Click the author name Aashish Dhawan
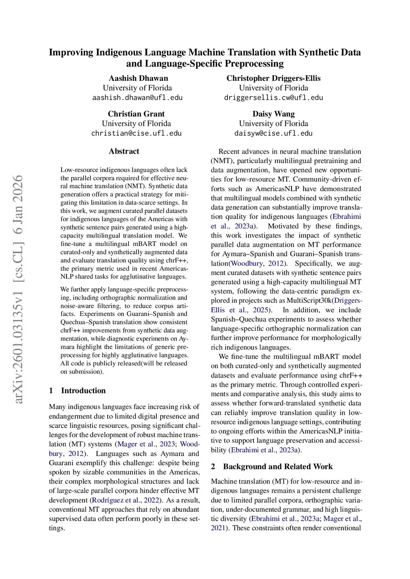pyautogui.click(x=138, y=78)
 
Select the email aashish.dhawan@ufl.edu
pyautogui.click(x=137, y=98)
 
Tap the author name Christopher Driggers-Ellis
pyautogui.click(x=273, y=78)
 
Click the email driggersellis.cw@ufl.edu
pyautogui.click(x=273, y=98)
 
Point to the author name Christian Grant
pyautogui.click(x=136, y=114)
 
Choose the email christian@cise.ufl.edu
pyautogui.click(x=136, y=133)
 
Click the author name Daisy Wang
pyautogui.click(x=273, y=114)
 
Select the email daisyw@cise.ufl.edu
pyautogui.click(x=273, y=133)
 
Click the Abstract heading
pyautogui.click(x=124, y=151)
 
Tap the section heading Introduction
pyautogui.click(x=83, y=391)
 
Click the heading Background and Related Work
pyautogui.click(x=277, y=467)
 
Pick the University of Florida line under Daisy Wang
pyautogui.click(x=273, y=124)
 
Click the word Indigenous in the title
pyautogui.click(x=119, y=52)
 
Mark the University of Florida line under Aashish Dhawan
pyautogui.click(x=137, y=88)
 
